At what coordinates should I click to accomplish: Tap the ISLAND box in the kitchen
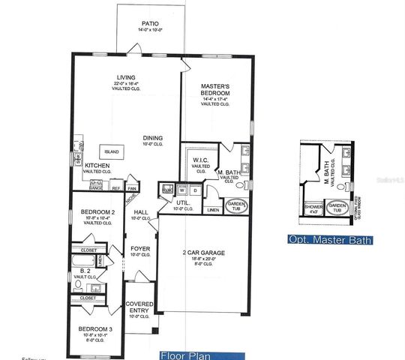pos(112,151)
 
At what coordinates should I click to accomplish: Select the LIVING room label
pos(125,76)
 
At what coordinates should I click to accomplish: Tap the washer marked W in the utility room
pos(181,190)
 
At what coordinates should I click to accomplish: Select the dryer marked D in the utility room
pos(195,190)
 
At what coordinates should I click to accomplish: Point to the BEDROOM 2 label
pos(97,212)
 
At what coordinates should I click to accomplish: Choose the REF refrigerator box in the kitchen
pos(116,188)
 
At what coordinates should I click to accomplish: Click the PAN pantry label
pos(131,188)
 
